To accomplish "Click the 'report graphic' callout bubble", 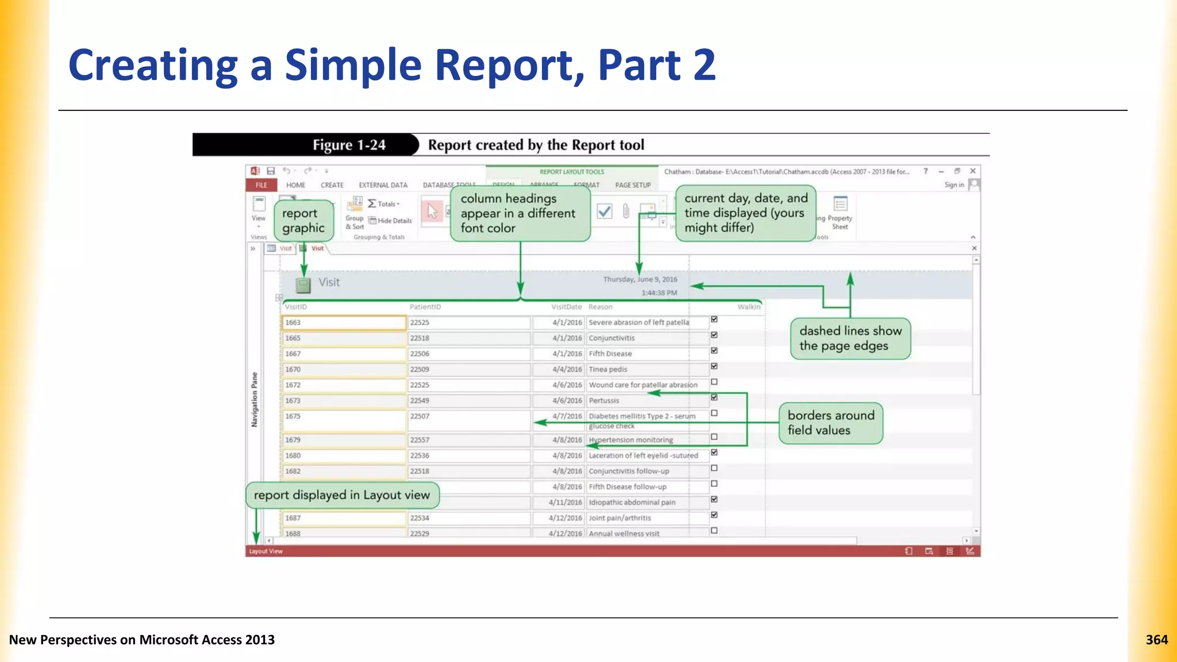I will pyautogui.click(x=303, y=221).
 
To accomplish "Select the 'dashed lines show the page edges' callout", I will pyautogui.click(x=849, y=338).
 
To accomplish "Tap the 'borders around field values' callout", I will pyautogui.click(x=830, y=423).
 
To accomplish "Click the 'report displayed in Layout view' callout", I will pyautogui.click(x=342, y=495).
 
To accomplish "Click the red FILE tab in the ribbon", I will pyautogui.click(x=261, y=185).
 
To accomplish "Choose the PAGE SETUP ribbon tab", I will pyautogui.click(x=632, y=185).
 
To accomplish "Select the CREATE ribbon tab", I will pyautogui.click(x=332, y=185).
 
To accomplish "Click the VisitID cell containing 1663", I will pyautogui.click(x=344, y=322).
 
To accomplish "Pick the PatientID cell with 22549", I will pyautogui.click(x=468, y=401).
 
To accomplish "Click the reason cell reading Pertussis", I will pyautogui.click(x=638, y=401).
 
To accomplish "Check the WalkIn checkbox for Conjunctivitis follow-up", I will pyautogui.click(x=714, y=468).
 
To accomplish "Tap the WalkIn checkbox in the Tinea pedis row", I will pyautogui.click(x=714, y=366).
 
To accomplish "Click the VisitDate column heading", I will pyautogui.click(x=566, y=307).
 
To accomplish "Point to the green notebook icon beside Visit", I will pyautogui.click(x=303, y=284).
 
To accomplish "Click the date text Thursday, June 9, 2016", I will pyautogui.click(x=640, y=279).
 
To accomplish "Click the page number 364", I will pyautogui.click(x=1156, y=640).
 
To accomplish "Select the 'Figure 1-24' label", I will pyautogui.click(x=349, y=145).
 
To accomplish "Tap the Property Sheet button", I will pyautogui.click(x=840, y=213).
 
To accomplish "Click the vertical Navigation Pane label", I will pyautogui.click(x=254, y=399).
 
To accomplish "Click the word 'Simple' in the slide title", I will pyautogui.click(x=353, y=65).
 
